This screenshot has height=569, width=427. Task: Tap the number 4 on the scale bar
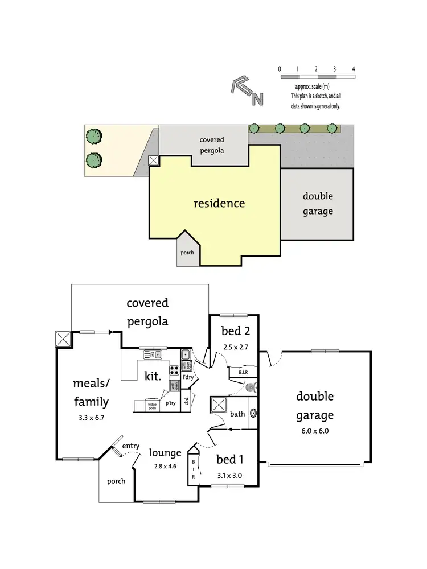click(x=354, y=69)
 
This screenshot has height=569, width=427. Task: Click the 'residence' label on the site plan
click(x=219, y=203)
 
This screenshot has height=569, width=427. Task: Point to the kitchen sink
click(x=153, y=355)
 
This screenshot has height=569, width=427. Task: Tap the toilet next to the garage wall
click(x=250, y=388)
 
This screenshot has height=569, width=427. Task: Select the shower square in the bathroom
click(x=219, y=407)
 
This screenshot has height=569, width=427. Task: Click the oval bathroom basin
click(x=253, y=414)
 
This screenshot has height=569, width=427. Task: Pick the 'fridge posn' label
click(x=153, y=405)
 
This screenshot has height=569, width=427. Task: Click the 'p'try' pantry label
click(x=171, y=403)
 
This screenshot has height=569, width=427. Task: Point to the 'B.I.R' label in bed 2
click(x=242, y=373)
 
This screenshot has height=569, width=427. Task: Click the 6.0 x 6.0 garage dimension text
click(x=314, y=431)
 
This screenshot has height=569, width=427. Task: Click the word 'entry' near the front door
click(x=130, y=446)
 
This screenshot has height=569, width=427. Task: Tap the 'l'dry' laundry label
click(x=188, y=376)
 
